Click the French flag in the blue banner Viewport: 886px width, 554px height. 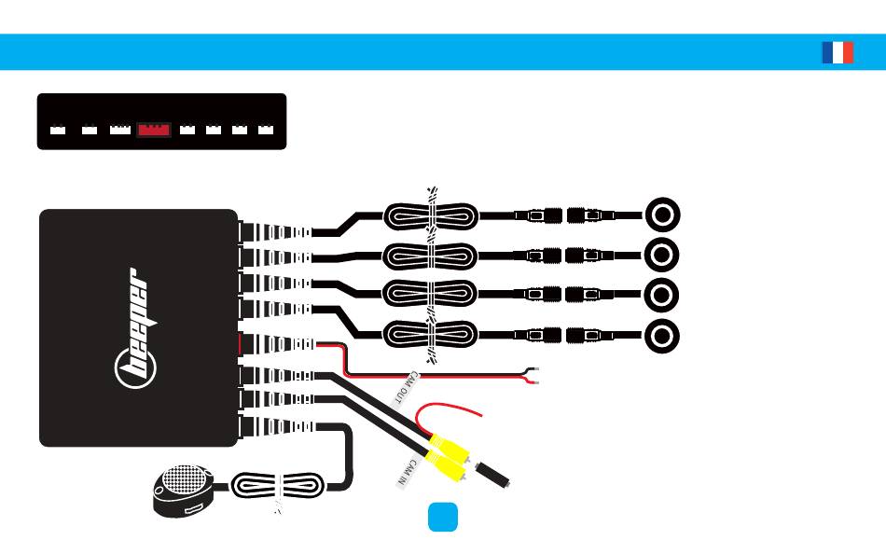(838, 52)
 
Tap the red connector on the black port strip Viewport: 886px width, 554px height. (154, 130)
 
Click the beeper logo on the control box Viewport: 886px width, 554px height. (135, 328)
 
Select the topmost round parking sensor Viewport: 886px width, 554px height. (662, 215)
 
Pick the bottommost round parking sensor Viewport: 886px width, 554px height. (661, 336)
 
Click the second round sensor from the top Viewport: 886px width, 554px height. (661, 255)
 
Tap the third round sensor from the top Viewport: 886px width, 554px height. (661, 295)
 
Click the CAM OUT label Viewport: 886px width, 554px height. (406, 388)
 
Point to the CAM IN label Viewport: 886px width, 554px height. (408, 473)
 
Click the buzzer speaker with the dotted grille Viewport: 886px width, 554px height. (183, 491)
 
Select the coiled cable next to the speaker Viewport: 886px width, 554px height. (278, 486)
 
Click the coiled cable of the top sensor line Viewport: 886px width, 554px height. (431, 216)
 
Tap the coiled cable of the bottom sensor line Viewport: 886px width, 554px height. (431, 335)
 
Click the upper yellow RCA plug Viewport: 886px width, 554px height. (450, 447)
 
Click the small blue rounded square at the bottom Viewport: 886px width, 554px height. (443, 517)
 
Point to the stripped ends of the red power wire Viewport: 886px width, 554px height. (532, 375)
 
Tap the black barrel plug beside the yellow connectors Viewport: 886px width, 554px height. (492, 475)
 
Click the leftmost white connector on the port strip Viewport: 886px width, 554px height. (58, 130)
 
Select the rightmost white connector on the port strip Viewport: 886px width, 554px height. (266, 130)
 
